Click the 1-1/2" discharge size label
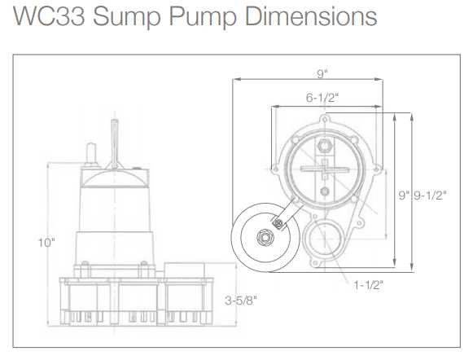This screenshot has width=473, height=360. tap(368, 284)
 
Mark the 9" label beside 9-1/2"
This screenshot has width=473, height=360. tap(403, 195)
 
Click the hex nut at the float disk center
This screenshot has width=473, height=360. tap(264, 237)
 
